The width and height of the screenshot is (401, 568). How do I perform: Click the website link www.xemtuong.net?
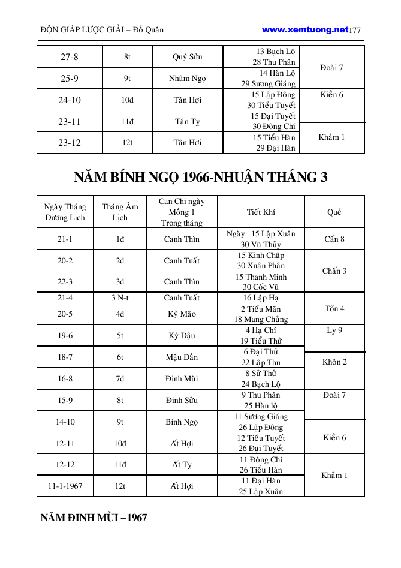pos(305,29)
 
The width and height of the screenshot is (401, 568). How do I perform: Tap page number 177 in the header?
pos(355,30)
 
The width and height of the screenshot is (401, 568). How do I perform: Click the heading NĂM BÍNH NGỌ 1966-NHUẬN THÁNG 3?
pos(201,178)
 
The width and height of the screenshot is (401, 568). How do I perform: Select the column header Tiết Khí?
pos(261,212)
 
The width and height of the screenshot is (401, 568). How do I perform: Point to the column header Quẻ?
pos(334,212)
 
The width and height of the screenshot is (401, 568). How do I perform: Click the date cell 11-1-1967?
pos(65,486)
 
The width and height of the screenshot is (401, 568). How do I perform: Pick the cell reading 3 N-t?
pos(120,297)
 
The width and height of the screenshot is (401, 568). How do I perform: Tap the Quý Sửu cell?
pos(188,57)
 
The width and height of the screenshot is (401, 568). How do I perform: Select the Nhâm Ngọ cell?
pos(188,79)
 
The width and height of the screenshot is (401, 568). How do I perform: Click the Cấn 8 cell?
pos(334,239)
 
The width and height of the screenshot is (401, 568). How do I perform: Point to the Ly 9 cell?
pos(334,330)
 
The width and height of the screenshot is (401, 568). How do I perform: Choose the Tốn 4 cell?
pos(334,309)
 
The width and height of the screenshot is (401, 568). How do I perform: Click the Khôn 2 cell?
pos(334,362)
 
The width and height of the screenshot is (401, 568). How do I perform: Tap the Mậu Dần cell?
pos(182,357)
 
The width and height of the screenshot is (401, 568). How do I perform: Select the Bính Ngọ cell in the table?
pos(182,422)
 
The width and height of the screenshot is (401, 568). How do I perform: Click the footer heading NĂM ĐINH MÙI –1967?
pos(94,518)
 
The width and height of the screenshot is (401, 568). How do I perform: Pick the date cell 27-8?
pos(70,57)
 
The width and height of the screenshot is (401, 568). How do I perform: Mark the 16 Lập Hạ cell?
pos(261,297)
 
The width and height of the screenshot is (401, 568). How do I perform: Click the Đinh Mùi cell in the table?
pos(182,378)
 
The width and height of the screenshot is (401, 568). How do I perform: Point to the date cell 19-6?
pos(65,335)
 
